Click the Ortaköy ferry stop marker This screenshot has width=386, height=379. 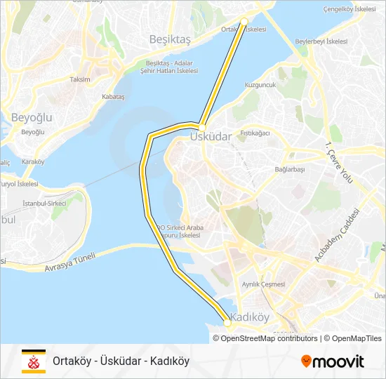coord(244,22)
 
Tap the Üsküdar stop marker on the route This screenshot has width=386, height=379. coord(201,127)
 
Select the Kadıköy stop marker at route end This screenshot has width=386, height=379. coord(227,322)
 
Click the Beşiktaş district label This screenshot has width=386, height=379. coord(170,40)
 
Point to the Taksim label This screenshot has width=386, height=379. coord(80,79)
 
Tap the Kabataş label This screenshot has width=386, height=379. coord(113,96)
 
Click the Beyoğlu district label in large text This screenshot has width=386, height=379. coord(31,117)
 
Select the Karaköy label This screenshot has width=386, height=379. coord(33,161)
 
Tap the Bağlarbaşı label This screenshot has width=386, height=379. coord(290,169)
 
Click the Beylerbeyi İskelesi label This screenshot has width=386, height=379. coord(321,41)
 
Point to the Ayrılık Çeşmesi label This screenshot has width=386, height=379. coord(263,284)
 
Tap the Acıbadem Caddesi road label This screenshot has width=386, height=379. coord(337,236)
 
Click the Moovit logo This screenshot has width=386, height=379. coord(333,361)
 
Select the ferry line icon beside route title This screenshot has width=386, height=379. coord(32,361)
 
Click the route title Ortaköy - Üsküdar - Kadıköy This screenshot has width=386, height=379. coord(121,361)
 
